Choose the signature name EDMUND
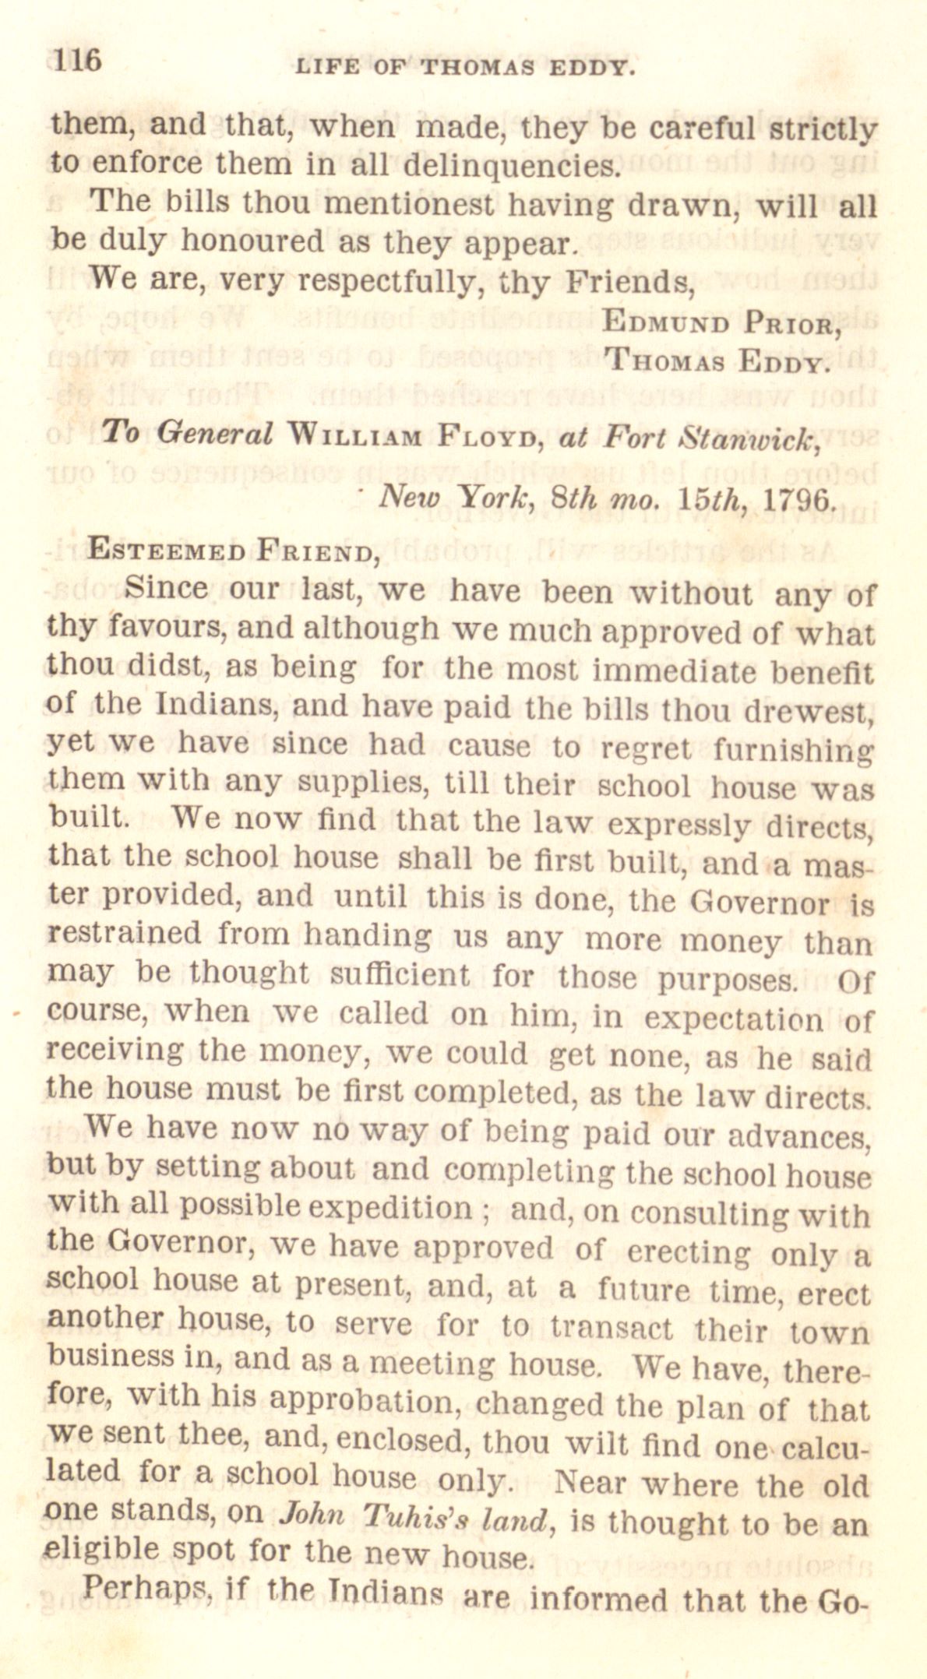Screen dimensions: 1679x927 tap(658, 321)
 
